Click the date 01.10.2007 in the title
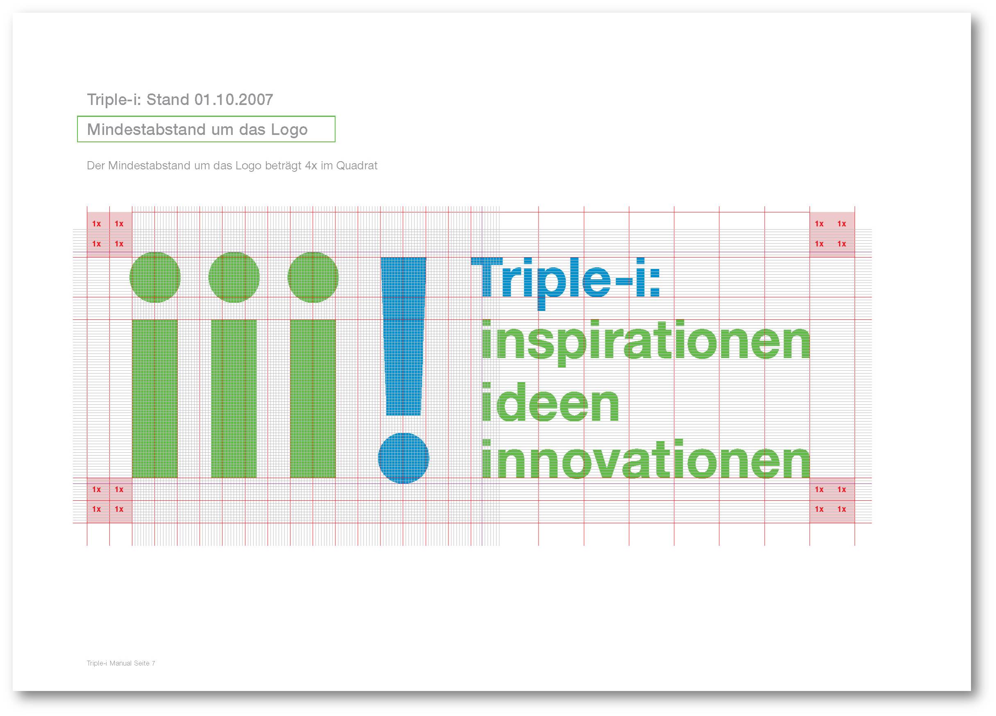[234, 100]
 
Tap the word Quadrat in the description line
[357, 166]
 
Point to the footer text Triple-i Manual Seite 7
[121, 663]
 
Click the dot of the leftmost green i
[155, 277]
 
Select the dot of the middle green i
[234, 277]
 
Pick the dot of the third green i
[313, 277]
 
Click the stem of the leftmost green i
[155, 399]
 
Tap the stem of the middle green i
[234, 399]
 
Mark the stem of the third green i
[313, 399]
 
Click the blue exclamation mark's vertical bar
[404, 336]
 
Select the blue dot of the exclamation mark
[404, 458]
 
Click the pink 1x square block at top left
[109, 235]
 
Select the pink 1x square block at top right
[832, 235]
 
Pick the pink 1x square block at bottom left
[109, 500]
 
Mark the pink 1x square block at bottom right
[832, 500]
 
